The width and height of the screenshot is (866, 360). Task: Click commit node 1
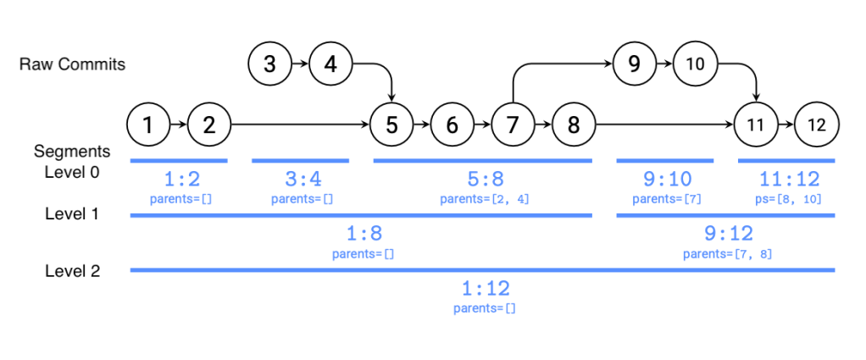148,125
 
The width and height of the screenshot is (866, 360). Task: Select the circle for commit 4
330,64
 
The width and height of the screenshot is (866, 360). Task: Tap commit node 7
513,125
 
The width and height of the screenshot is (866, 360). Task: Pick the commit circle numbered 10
695,64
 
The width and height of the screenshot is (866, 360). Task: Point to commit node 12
816,125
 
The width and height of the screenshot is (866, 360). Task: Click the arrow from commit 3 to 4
300,64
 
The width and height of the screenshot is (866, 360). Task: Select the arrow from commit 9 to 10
664,64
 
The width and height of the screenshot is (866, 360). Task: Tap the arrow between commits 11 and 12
786,125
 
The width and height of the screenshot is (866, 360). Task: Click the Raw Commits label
72,64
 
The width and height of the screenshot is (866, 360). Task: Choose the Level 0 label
72,172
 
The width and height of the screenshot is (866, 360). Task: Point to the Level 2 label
72,271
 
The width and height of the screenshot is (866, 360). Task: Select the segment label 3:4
302,180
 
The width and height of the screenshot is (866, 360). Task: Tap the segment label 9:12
729,234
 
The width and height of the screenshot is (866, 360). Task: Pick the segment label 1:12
485,288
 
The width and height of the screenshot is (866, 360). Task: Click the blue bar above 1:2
179,161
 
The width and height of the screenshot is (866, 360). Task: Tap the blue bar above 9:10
665,161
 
